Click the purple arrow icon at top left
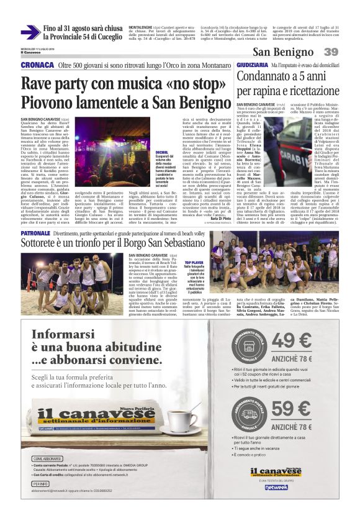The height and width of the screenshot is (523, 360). pos(30,32)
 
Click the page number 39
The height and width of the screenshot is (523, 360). pos(331,52)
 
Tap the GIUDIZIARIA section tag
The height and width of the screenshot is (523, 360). pos(252,65)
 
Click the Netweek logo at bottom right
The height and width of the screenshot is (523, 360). pos(276,487)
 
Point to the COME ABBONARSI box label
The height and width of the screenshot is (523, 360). pos(47,458)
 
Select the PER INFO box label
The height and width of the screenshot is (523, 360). pos(40,483)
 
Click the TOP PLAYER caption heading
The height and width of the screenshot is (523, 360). pos(193,263)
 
